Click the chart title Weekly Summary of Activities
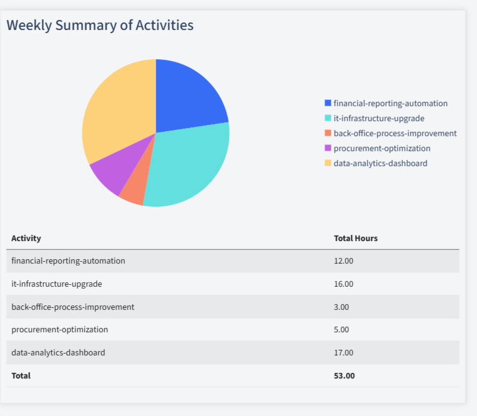100,25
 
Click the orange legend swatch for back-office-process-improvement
328,133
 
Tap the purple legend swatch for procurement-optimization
328,148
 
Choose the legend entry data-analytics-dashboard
380,163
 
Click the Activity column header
26,238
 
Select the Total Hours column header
355,238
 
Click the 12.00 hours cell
343,260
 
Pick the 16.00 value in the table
343,284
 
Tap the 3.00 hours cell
342,307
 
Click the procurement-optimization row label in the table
59,329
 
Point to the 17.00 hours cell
343,352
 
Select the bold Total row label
21,375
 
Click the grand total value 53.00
344,375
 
